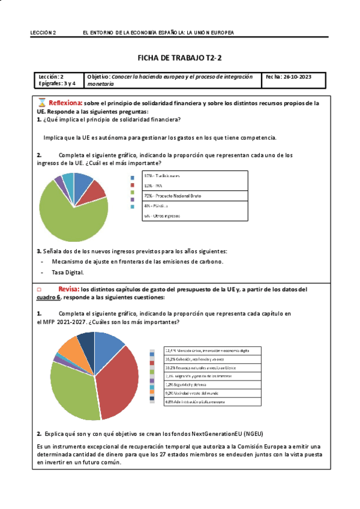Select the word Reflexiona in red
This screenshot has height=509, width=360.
click(65, 103)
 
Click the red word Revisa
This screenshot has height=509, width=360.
click(62, 289)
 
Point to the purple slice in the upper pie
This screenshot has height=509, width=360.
click(59, 179)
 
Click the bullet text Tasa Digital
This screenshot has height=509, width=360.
click(67, 272)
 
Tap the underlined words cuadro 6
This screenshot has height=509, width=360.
click(49, 297)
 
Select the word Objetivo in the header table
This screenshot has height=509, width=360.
click(98, 77)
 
